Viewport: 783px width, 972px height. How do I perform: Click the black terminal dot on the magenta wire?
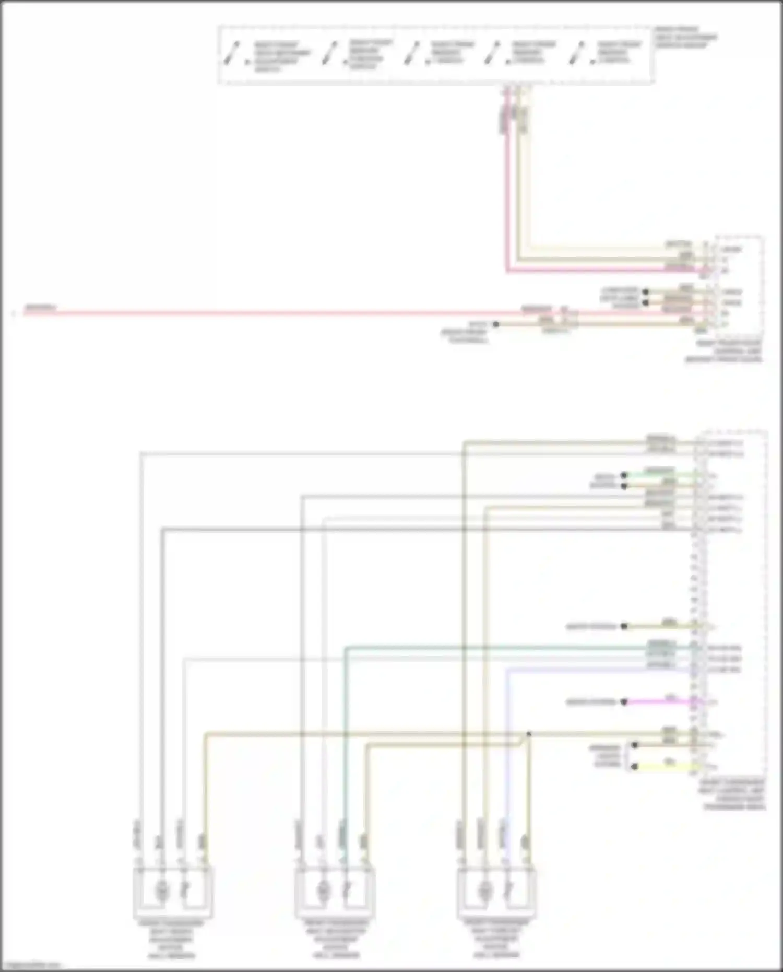tap(624, 702)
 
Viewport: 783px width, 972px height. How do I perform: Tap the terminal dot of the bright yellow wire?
tap(634, 767)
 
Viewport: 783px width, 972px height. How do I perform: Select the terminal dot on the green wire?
tap(624, 475)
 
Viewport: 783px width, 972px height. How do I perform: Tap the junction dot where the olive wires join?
tap(529, 734)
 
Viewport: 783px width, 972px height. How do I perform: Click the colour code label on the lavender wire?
tap(661, 665)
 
